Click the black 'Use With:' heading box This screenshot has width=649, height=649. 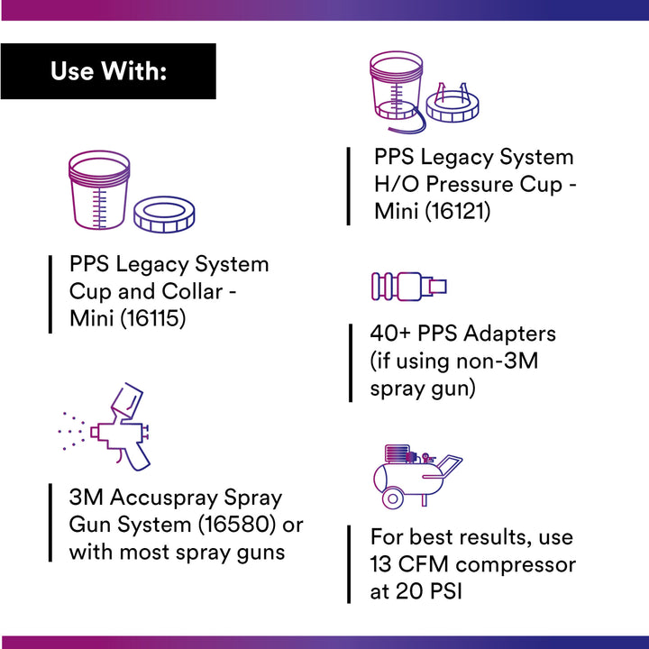[108, 70]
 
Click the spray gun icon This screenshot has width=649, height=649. [126, 428]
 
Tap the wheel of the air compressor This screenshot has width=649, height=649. [392, 497]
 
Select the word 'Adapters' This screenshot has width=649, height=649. [510, 333]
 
